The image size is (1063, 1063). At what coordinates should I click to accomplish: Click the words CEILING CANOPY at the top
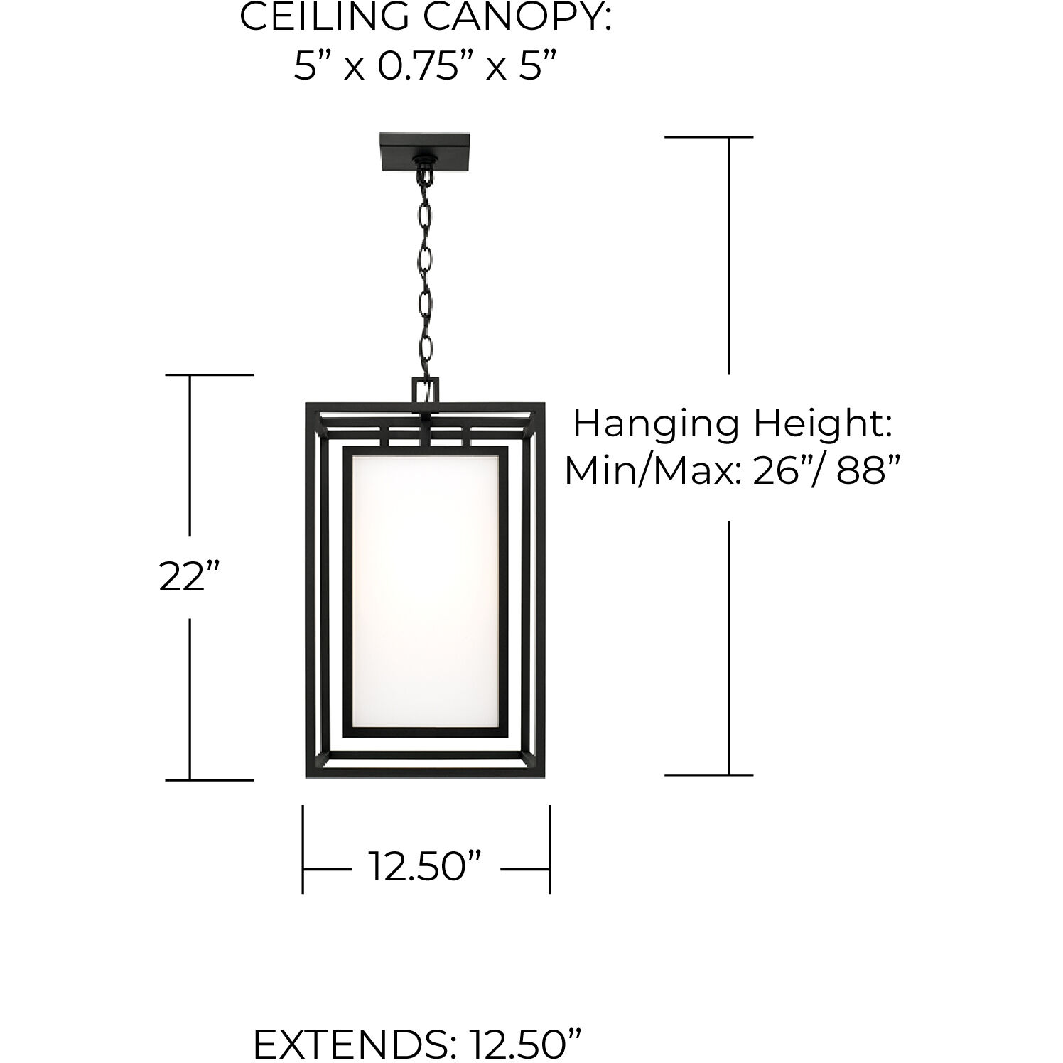point(425,17)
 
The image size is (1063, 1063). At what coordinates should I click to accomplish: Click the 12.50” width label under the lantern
point(425,867)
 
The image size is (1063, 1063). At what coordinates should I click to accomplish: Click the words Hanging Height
point(732,425)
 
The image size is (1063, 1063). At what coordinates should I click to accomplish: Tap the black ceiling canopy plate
point(425,151)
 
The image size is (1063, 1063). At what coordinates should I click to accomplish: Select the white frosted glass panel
point(425,590)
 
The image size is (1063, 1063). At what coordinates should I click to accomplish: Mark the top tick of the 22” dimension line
point(209,374)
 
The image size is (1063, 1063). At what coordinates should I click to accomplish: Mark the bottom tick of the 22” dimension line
point(209,779)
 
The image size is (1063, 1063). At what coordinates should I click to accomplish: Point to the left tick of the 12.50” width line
point(303,849)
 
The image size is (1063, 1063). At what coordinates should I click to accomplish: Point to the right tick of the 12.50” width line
point(549,849)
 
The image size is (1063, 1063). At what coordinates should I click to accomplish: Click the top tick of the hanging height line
point(708,137)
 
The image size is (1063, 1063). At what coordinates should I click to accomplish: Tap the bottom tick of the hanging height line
point(708,775)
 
